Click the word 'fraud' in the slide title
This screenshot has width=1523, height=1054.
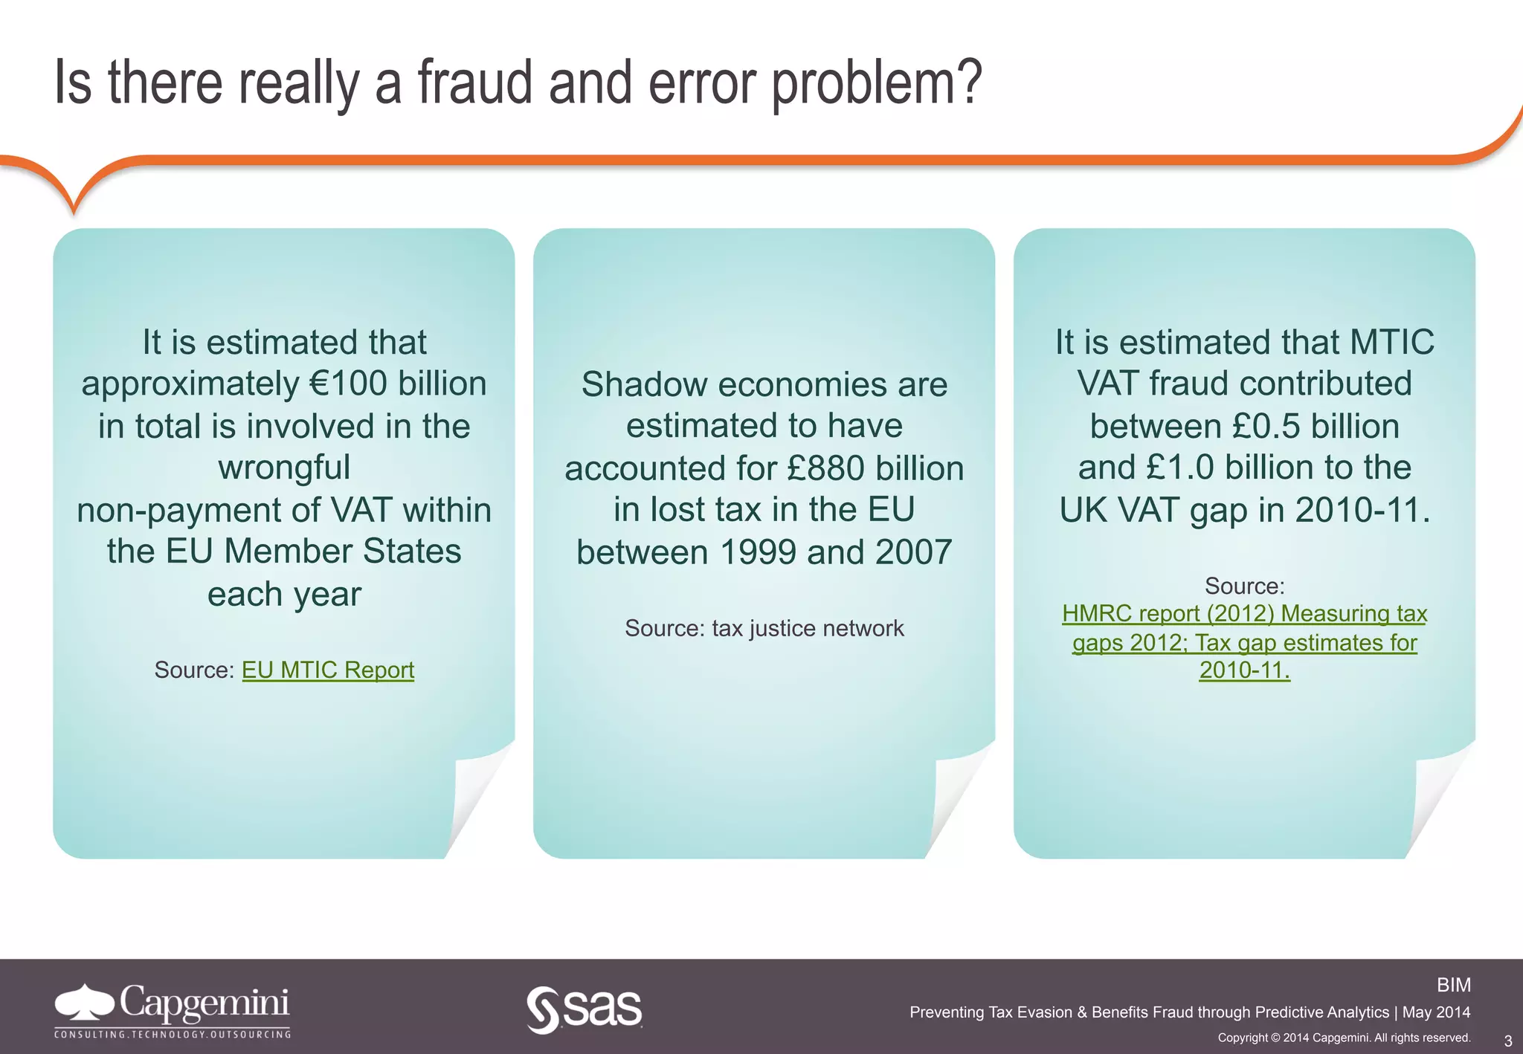pyautogui.click(x=474, y=83)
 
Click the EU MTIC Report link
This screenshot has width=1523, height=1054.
pyautogui.click(x=327, y=670)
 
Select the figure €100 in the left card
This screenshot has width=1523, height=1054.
pyautogui.click(x=347, y=384)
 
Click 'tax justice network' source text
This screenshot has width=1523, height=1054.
pyautogui.click(x=808, y=629)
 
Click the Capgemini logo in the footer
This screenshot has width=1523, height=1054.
pyautogui.click(x=173, y=1009)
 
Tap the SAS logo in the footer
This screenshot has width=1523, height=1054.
pyautogui.click(x=585, y=1009)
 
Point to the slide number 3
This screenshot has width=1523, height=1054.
pyautogui.click(x=1508, y=1041)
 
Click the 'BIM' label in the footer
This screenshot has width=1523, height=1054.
pyautogui.click(x=1453, y=985)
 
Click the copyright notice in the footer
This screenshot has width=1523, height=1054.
pyautogui.click(x=1344, y=1038)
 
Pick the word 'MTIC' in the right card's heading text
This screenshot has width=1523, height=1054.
pyautogui.click(x=1392, y=342)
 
